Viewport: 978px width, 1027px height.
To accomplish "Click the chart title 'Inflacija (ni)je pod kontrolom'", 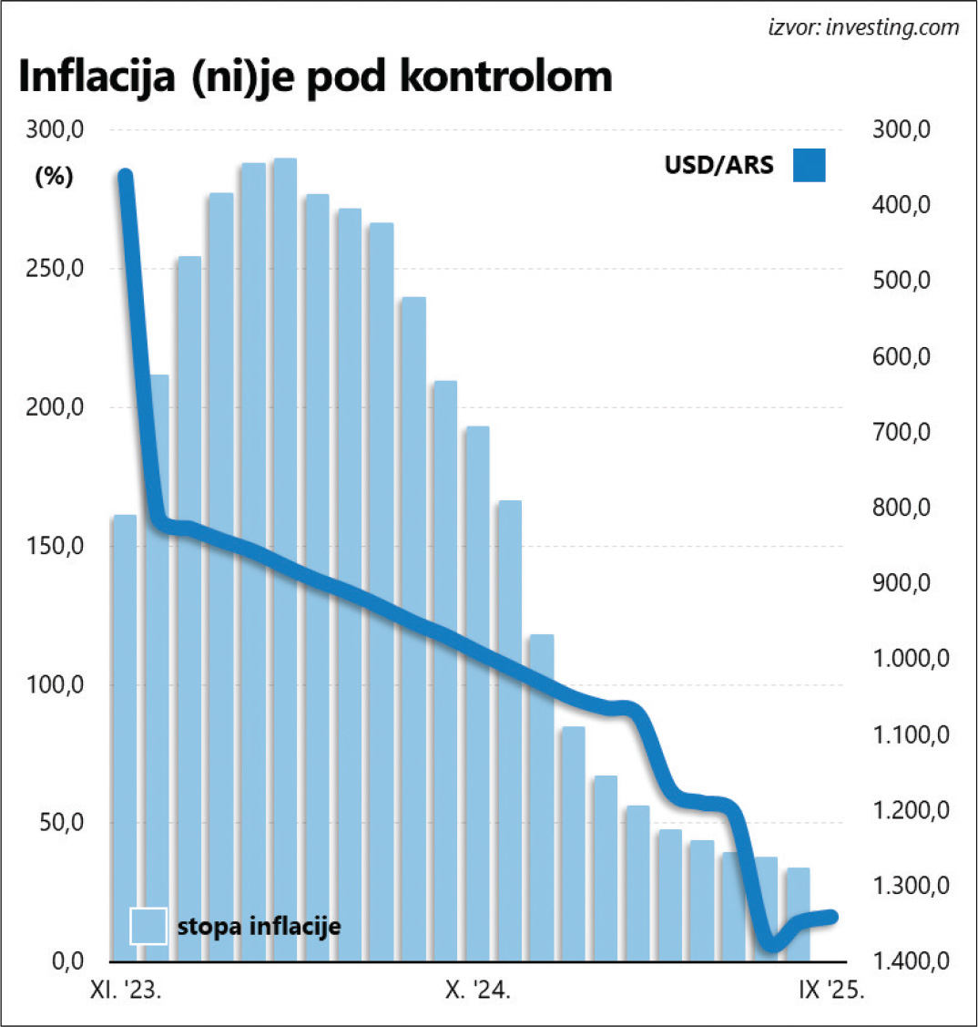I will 315,78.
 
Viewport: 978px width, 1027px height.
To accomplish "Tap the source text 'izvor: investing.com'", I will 863,27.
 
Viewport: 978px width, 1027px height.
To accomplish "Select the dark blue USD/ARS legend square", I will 809,165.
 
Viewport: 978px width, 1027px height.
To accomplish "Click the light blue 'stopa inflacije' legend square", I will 148,926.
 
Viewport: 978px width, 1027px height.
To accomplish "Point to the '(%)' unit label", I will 54,178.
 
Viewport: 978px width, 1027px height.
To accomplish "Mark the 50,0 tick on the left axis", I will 60,823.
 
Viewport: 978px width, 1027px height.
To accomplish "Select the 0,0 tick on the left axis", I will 64,961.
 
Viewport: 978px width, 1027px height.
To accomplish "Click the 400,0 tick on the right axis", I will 901,206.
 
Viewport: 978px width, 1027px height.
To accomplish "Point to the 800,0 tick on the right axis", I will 901,508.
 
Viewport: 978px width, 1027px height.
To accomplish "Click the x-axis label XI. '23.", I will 126,991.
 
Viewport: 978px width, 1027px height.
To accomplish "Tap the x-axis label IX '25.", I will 823,991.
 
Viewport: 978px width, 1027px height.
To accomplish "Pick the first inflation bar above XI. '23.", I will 125,738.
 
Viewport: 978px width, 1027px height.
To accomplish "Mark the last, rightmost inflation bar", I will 798,914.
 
